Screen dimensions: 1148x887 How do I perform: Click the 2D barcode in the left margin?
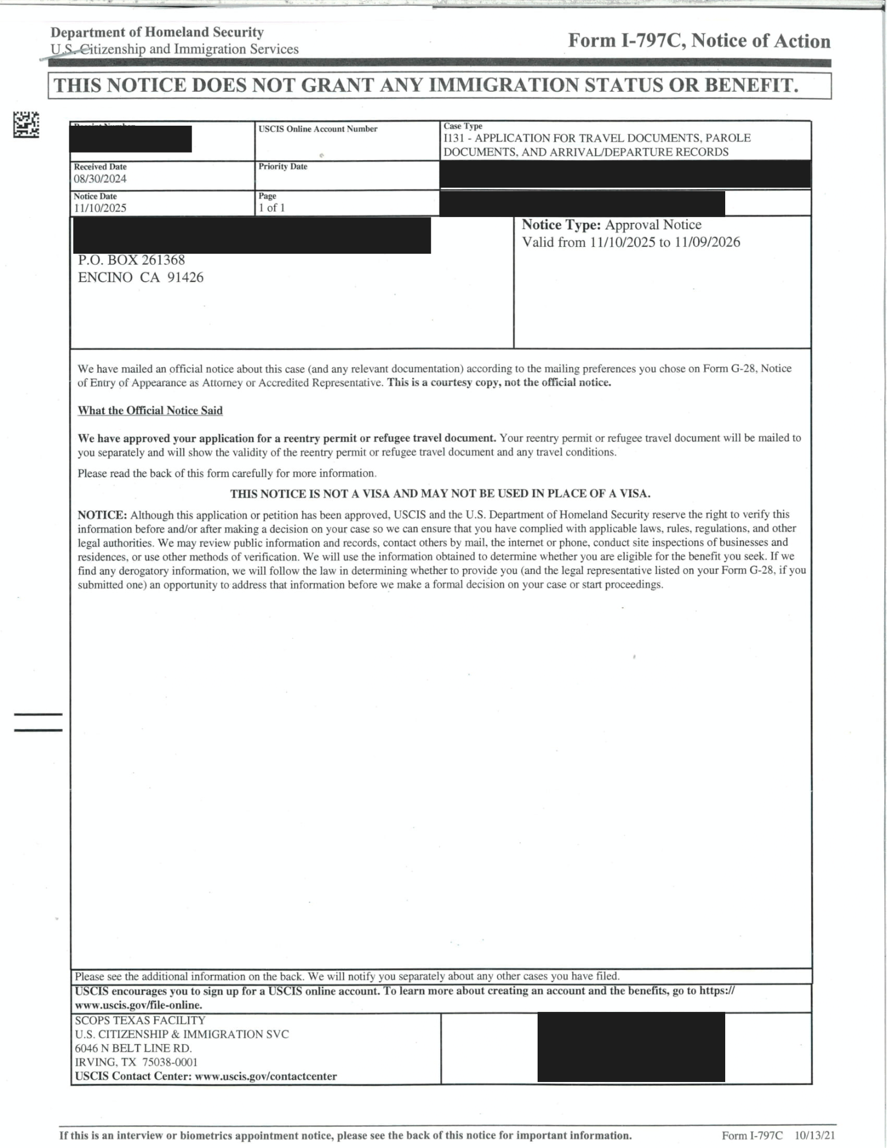pyautogui.click(x=26, y=125)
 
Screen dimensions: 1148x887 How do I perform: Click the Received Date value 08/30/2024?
pyautogui.click(x=100, y=179)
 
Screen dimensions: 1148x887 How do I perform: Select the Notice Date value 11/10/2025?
pyautogui.click(x=100, y=208)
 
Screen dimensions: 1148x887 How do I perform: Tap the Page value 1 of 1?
pyautogui.click(x=271, y=208)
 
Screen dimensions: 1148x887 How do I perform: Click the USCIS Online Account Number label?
pyautogui.click(x=318, y=129)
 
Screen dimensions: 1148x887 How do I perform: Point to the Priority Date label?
pyautogui.click(x=283, y=166)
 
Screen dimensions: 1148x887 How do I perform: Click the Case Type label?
pyautogui.click(x=462, y=126)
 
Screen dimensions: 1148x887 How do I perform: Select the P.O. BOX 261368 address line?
pyautogui.click(x=131, y=260)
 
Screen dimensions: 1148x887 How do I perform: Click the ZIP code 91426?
pyautogui.click(x=185, y=277)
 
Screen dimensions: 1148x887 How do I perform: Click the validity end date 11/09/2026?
pyautogui.click(x=707, y=242)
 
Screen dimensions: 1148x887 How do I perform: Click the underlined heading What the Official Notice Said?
pyautogui.click(x=150, y=410)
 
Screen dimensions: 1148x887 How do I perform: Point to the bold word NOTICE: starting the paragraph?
pyautogui.click(x=102, y=514)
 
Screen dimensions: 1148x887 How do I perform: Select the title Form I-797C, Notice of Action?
pyautogui.click(x=699, y=41)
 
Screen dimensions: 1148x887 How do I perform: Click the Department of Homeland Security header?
pyautogui.click(x=157, y=32)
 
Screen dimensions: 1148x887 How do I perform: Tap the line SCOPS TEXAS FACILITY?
pyautogui.click(x=140, y=1020)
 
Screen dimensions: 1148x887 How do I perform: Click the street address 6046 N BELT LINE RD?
pyautogui.click(x=134, y=1048)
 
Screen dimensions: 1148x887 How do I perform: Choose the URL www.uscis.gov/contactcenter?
pyautogui.click(x=266, y=1076)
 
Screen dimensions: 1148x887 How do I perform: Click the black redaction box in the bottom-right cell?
pyautogui.click(x=631, y=1047)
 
